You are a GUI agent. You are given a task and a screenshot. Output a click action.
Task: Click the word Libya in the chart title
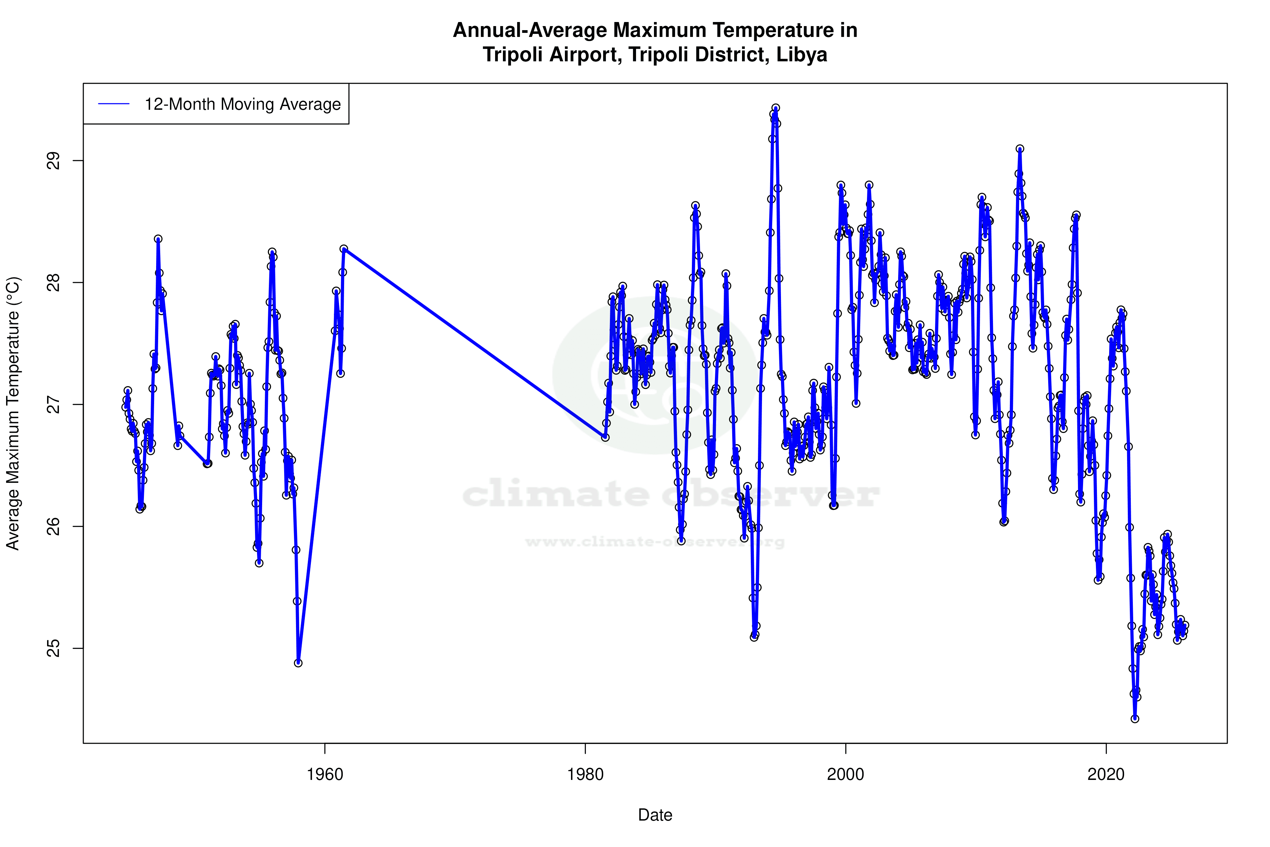[x=801, y=55]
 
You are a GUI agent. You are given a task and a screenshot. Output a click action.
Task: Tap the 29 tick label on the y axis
[x=54, y=161]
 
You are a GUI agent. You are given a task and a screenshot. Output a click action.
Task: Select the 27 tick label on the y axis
[x=54, y=405]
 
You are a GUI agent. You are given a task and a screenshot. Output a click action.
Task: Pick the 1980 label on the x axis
[x=585, y=774]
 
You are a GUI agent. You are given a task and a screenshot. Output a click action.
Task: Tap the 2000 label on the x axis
[x=846, y=774]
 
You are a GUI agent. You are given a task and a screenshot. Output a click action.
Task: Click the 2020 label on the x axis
[x=1106, y=774]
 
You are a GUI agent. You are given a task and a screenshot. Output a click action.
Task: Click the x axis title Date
[x=655, y=815]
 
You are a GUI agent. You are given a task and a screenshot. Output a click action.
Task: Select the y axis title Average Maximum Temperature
[x=13, y=413]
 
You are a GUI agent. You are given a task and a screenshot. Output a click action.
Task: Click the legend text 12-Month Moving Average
[x=242, y=104]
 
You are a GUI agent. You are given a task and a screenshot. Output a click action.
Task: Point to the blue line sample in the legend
[x=114, y=104]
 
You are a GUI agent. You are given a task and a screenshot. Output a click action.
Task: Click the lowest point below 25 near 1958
[x=298, y=663]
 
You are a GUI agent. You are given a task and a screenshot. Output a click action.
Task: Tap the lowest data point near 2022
[x=1135, y=719]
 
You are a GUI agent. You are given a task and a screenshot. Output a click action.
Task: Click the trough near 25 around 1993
[x=754, y=637]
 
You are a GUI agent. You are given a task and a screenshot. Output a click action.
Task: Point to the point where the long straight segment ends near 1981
[x=605, y=437]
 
